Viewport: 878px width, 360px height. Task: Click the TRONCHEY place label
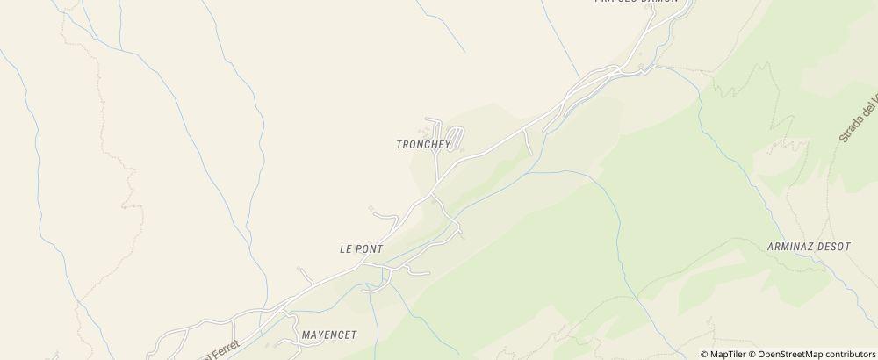423,145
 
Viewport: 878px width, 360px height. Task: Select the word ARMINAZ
791,247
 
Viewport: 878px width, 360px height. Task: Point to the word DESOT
835,247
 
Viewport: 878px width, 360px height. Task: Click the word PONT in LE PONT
370,249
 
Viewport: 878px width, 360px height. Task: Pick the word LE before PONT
345,249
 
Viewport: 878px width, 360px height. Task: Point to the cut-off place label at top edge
637,3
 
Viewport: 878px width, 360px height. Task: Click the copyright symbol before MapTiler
704,354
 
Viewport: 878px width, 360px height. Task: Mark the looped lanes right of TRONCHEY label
457,138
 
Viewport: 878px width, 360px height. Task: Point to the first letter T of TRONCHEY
399,145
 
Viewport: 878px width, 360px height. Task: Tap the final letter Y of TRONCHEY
447,145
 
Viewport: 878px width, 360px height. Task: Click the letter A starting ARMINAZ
769,247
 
